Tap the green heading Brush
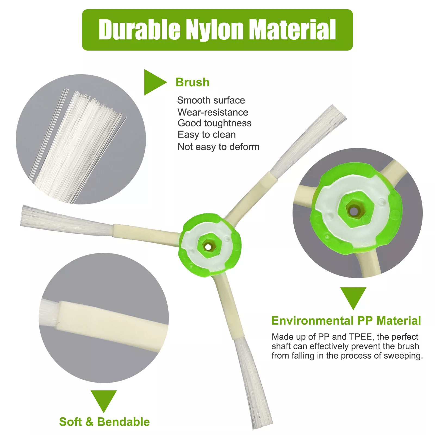192,82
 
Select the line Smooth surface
211,100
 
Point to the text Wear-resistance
213,112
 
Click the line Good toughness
215,123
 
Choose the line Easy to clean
207,135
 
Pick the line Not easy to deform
219,147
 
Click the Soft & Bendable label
104,422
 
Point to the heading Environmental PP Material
346,321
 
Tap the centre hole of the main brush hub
208,247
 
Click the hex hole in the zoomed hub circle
354,211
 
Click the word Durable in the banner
139,29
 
